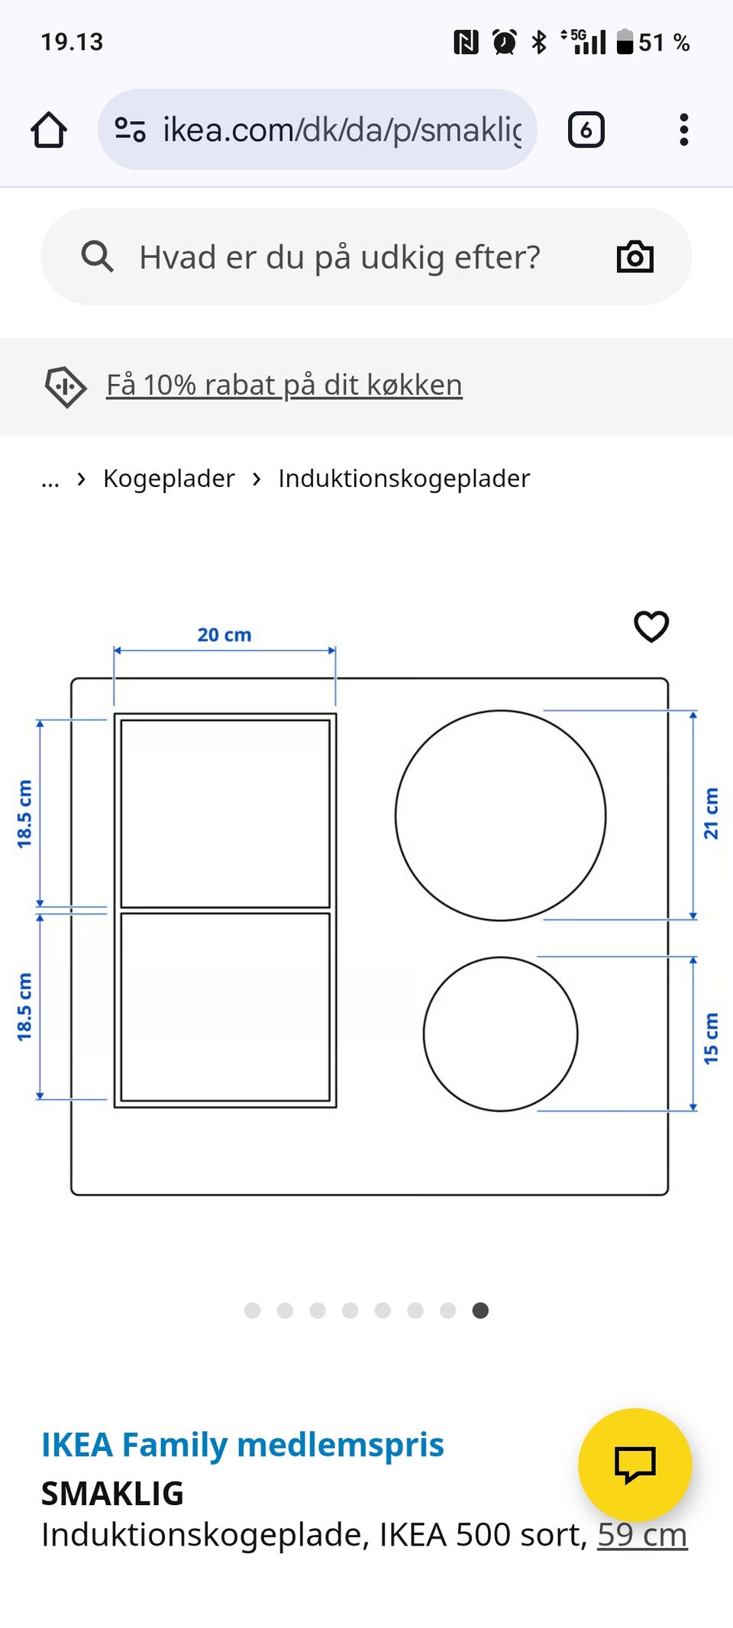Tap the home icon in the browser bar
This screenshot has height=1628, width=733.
[x=49, y=130]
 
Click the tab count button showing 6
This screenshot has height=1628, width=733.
[x=586, y=130]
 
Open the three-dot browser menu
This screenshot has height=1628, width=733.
[x=683, y=130]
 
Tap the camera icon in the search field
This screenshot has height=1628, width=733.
[x=635, y=257]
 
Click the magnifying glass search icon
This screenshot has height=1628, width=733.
[x=97, y=257]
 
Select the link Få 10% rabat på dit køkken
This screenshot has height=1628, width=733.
[x=283, y=385]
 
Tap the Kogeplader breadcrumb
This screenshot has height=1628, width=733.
[x=169, y=479]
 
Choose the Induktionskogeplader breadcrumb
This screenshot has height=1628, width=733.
[x=403, y=479]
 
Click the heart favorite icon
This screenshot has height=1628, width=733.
[x=651, y=627]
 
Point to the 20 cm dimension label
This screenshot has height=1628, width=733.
[x=224, y=635]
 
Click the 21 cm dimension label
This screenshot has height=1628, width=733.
[x=711, y=814]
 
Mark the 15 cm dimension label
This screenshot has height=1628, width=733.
[x=711, y=1038]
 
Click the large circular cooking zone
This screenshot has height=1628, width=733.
[x=500, y=815]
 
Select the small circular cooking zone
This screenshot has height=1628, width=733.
[x=500, y=1033]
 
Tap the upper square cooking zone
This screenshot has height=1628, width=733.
[x=225, y=814]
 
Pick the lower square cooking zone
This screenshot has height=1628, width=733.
[x=225, y=1007]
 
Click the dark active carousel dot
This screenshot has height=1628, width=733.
[x=480, y=1310]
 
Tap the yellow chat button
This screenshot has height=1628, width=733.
[x=635, y=1464]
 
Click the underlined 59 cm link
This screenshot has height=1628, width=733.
[x=641, y=1535]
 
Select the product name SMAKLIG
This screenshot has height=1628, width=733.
[x=112, y=1494]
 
